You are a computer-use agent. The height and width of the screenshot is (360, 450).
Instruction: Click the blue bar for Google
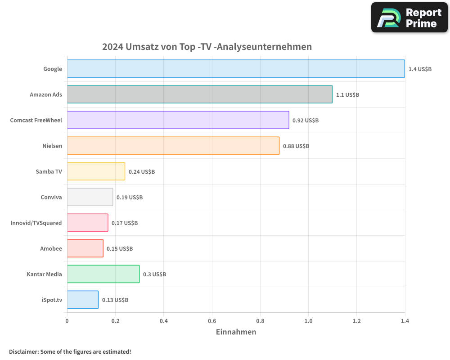[x=236, y=69]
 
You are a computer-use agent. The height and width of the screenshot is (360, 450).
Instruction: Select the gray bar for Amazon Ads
[x=200, y=94]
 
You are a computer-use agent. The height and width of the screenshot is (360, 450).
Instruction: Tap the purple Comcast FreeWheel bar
[x=178, y=120]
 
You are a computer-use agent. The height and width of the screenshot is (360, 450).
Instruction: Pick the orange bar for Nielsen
[x=173, y=146]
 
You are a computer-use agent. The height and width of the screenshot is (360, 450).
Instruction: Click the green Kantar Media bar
[x=103, y=274]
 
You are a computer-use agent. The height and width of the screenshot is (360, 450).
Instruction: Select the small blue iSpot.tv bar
[x=83, y=300]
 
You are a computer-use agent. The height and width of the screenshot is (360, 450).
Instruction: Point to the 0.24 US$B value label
[x=142, y=171]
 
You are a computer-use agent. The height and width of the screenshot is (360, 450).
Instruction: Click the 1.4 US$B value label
[x=420, y=69]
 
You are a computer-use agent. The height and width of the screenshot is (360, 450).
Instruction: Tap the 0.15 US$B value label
[x=120, y=248]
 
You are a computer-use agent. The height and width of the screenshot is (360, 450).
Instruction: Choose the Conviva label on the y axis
[x=51, y=197]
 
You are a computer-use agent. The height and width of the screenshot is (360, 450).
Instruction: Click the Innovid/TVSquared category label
[x=36, y=223]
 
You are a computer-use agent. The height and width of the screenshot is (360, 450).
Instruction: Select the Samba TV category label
[x=49, y=171]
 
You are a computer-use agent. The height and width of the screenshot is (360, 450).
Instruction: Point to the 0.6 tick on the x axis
[x=212, y=321]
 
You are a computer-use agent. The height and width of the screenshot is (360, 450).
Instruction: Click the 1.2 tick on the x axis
[x=356, y=321]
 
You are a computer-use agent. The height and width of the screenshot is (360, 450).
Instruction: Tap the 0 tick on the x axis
[x=67, y=321]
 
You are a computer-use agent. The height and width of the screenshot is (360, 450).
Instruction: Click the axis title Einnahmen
[x=236, y=332]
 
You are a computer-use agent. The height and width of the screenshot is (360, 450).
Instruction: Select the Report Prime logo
[x=409, y=18]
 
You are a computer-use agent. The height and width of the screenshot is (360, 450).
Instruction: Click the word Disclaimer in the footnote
[x=23, y=351]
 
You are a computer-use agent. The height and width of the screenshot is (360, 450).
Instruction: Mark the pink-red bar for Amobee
[x=85, y=248]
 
